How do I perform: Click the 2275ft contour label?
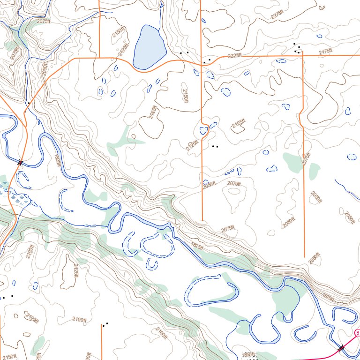277,15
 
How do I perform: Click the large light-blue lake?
149,47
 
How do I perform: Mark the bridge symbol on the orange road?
20,163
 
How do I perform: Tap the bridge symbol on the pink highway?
341,348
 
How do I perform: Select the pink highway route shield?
357,332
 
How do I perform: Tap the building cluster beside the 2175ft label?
297,49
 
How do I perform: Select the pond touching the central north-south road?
204,130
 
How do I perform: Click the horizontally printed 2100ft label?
79,320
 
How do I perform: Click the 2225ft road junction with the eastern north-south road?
303,54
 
